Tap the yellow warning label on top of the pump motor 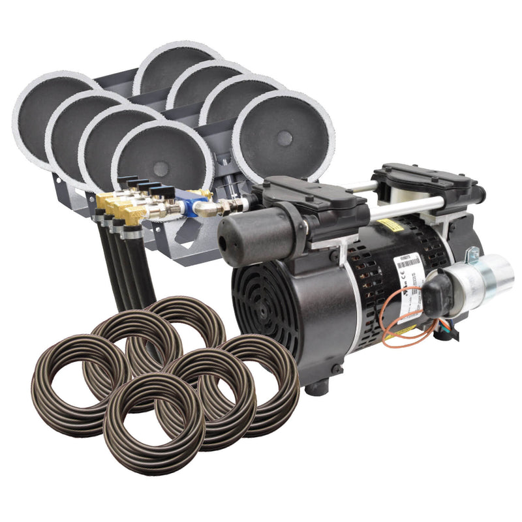(x=391, y=224)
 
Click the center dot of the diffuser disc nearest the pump (x=284, y=138)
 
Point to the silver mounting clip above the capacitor (x=471, y=254)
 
